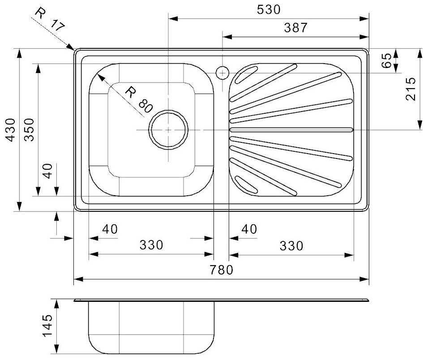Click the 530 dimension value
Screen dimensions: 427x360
(x=269, y=10)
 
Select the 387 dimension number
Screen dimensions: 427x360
(x=296, y=28)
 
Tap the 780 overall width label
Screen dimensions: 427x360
(x=222, y=270)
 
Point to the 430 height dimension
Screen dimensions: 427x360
(x=11, y=130)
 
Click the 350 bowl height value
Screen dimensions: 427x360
(x=29, y=130)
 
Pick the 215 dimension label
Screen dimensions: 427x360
(x=411, y=89)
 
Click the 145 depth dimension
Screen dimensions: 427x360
(x=47, y=326)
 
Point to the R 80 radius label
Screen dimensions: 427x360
(x=139, y=100)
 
